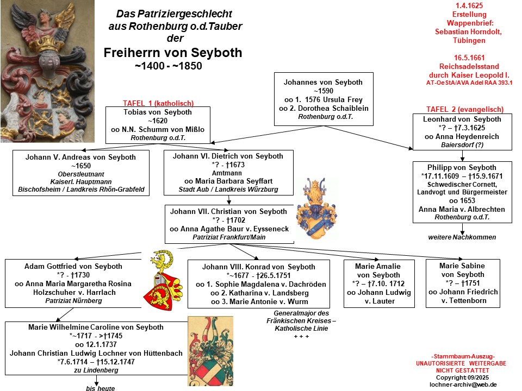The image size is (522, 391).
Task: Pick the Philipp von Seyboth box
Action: [462, 192]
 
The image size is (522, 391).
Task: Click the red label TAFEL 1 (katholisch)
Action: [158, 103]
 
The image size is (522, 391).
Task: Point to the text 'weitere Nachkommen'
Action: [462, 237]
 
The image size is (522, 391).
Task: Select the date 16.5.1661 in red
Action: [469, 58]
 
